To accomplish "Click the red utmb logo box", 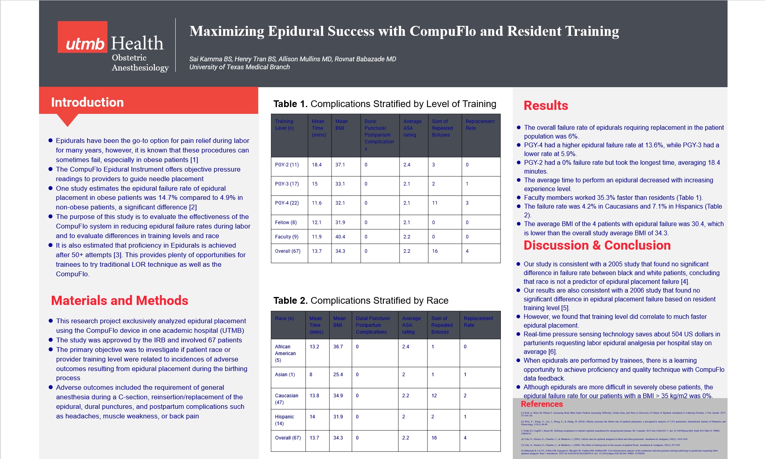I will tap(82, 37).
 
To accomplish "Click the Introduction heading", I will tap(87, 102).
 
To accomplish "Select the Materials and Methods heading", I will tap(120, 301).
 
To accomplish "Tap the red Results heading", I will tap(545, 105).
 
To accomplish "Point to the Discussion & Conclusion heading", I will tap(597, 245).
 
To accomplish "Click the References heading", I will tap(541, 404).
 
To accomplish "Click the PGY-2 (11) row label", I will tap(286, 165).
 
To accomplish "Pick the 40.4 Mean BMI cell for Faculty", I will tap(340, 237).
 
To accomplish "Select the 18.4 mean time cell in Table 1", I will tap(317, 165).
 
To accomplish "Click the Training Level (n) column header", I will tap(284, 125).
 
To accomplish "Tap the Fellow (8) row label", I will tap(286, 223).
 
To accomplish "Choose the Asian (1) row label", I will tap(285, 375).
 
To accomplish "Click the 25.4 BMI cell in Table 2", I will tap(338, 375).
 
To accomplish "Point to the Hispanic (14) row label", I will tap(284, 420).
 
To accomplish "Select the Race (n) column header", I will tap(284, 318).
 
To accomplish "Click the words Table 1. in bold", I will tap(290, 104).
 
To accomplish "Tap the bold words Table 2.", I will tap(290, 301).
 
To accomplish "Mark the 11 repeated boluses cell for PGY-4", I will tap(435, 203).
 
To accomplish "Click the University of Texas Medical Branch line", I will tap(239, 67).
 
